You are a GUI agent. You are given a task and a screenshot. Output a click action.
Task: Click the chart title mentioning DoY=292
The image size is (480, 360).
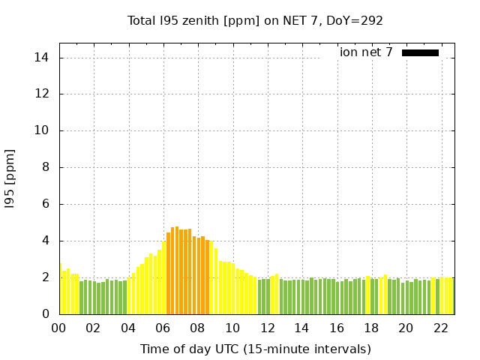pyautogui.click(x=255, y=20)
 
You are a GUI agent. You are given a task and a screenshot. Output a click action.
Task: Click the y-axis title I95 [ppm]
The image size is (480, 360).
pyautogui.click(x=10, y=178)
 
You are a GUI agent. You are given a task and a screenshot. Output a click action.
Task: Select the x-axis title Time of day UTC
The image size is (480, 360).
pyautogui.click(x=255, y=349)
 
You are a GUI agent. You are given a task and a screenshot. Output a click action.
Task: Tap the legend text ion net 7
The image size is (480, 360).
pyautogui.click(x=366, y=52)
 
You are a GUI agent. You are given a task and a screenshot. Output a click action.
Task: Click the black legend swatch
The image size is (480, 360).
pyautogui.click(x=420, y=52)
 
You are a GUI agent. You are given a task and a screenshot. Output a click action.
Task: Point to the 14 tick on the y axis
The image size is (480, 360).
pyautogui.click(x=42, y=58)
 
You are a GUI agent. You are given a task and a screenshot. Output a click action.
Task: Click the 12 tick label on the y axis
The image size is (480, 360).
pyautogui.click(x=42, y=94)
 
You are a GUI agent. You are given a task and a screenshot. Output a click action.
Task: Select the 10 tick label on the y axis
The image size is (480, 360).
pyautogui.click(x=42, y=130)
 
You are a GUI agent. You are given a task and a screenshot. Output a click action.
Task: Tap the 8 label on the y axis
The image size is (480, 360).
pyautogui.click(x=45, y=167)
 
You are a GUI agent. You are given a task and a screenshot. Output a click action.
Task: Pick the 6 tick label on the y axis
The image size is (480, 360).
pyautogui.click(x=45, y=204)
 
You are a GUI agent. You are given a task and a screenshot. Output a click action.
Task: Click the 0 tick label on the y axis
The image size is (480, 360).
pyautogui.click(x=45, y=314)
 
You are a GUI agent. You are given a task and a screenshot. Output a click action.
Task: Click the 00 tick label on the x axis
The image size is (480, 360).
pyautogui.click(x=58, y=328)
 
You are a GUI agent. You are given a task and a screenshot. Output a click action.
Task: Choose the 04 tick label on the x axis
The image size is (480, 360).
pyautogui.click(x=128, y=328)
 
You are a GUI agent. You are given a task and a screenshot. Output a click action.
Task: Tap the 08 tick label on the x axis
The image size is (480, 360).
pyautogui.click(x=197, y=328)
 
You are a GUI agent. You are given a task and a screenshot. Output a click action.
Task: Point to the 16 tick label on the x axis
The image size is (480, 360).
pyautogui.click(x=337, y=328)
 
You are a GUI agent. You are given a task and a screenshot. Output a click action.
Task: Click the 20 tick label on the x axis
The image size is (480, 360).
pyautogui.click(x=406, y=328)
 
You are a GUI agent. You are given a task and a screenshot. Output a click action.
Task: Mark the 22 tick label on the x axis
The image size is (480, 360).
pyautogui.click(x=441, y=328)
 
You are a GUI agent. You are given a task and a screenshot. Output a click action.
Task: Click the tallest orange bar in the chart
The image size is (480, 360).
pyautogui.click(x=177, y=270)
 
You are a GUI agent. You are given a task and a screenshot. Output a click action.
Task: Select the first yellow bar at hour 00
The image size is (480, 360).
pyautogui.click(x=60, y=289)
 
